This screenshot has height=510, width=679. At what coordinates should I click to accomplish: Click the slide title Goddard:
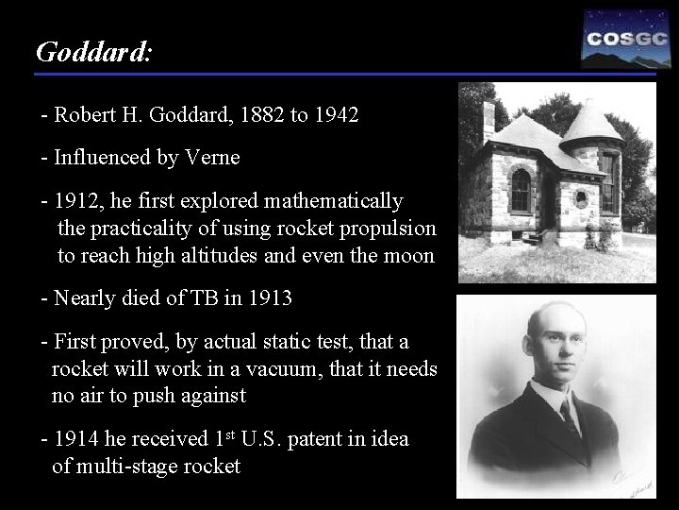click(92, 51)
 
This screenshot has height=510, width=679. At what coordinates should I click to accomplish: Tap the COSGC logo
click(619, 39)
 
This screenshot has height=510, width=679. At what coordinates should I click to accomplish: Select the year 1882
click(257, 116)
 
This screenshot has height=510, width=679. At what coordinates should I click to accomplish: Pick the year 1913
click(270, 298)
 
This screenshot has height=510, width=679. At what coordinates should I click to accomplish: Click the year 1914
click(76, 440)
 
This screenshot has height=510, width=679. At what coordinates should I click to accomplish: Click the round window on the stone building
click(581, 198)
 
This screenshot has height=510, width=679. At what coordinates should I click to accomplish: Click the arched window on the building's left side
click(520, 190)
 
